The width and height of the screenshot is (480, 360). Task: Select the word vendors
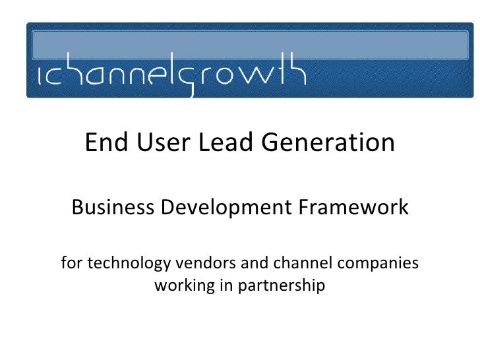coord(199,264)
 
